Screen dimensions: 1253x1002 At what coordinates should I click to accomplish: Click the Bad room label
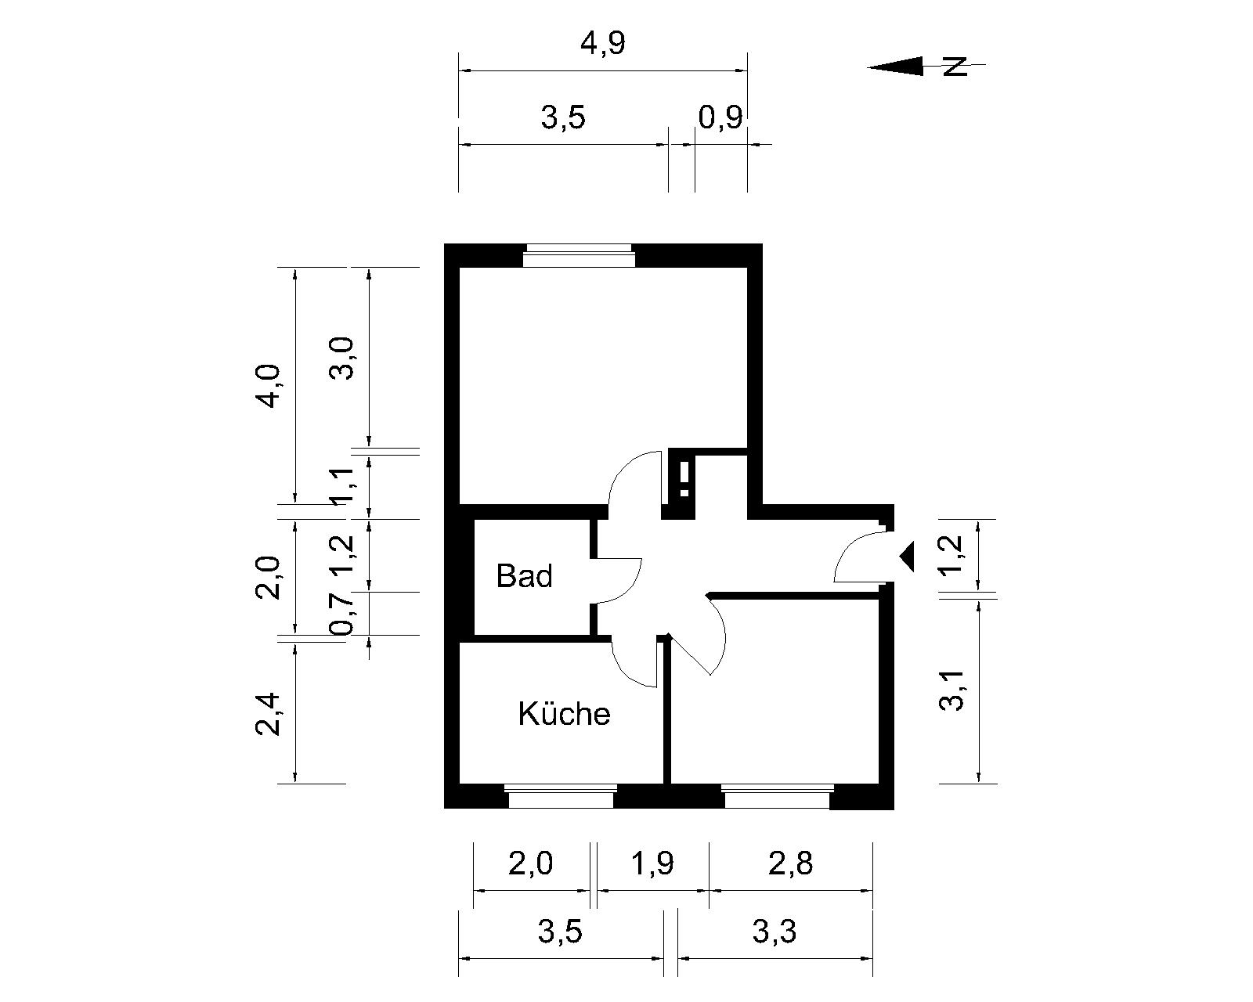point(524,576)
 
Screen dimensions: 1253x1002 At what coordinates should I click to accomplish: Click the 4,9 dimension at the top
point(603,43)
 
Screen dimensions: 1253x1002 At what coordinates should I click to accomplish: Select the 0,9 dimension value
point(720,117)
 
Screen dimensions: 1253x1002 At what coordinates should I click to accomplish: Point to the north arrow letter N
point(955,67)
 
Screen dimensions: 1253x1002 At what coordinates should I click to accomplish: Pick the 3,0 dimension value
point(341,359)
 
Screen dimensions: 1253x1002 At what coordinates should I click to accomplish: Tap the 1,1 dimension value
point(341,485)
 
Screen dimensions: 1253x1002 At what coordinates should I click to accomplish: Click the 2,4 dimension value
point(269,715)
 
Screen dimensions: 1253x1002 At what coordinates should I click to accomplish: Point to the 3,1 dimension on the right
point(952,690)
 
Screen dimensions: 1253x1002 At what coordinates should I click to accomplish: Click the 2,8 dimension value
point(790,863)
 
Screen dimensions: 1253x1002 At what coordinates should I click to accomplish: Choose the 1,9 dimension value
point(652,863)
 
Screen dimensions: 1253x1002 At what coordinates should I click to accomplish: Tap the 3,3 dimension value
point(775,932)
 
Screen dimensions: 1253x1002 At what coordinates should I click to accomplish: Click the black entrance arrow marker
point(907,556)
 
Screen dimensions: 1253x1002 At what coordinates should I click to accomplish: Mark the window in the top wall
point(580,256)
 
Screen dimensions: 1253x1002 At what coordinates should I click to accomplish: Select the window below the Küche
point(561,796)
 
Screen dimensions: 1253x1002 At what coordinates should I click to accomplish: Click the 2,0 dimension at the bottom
point(530,863)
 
